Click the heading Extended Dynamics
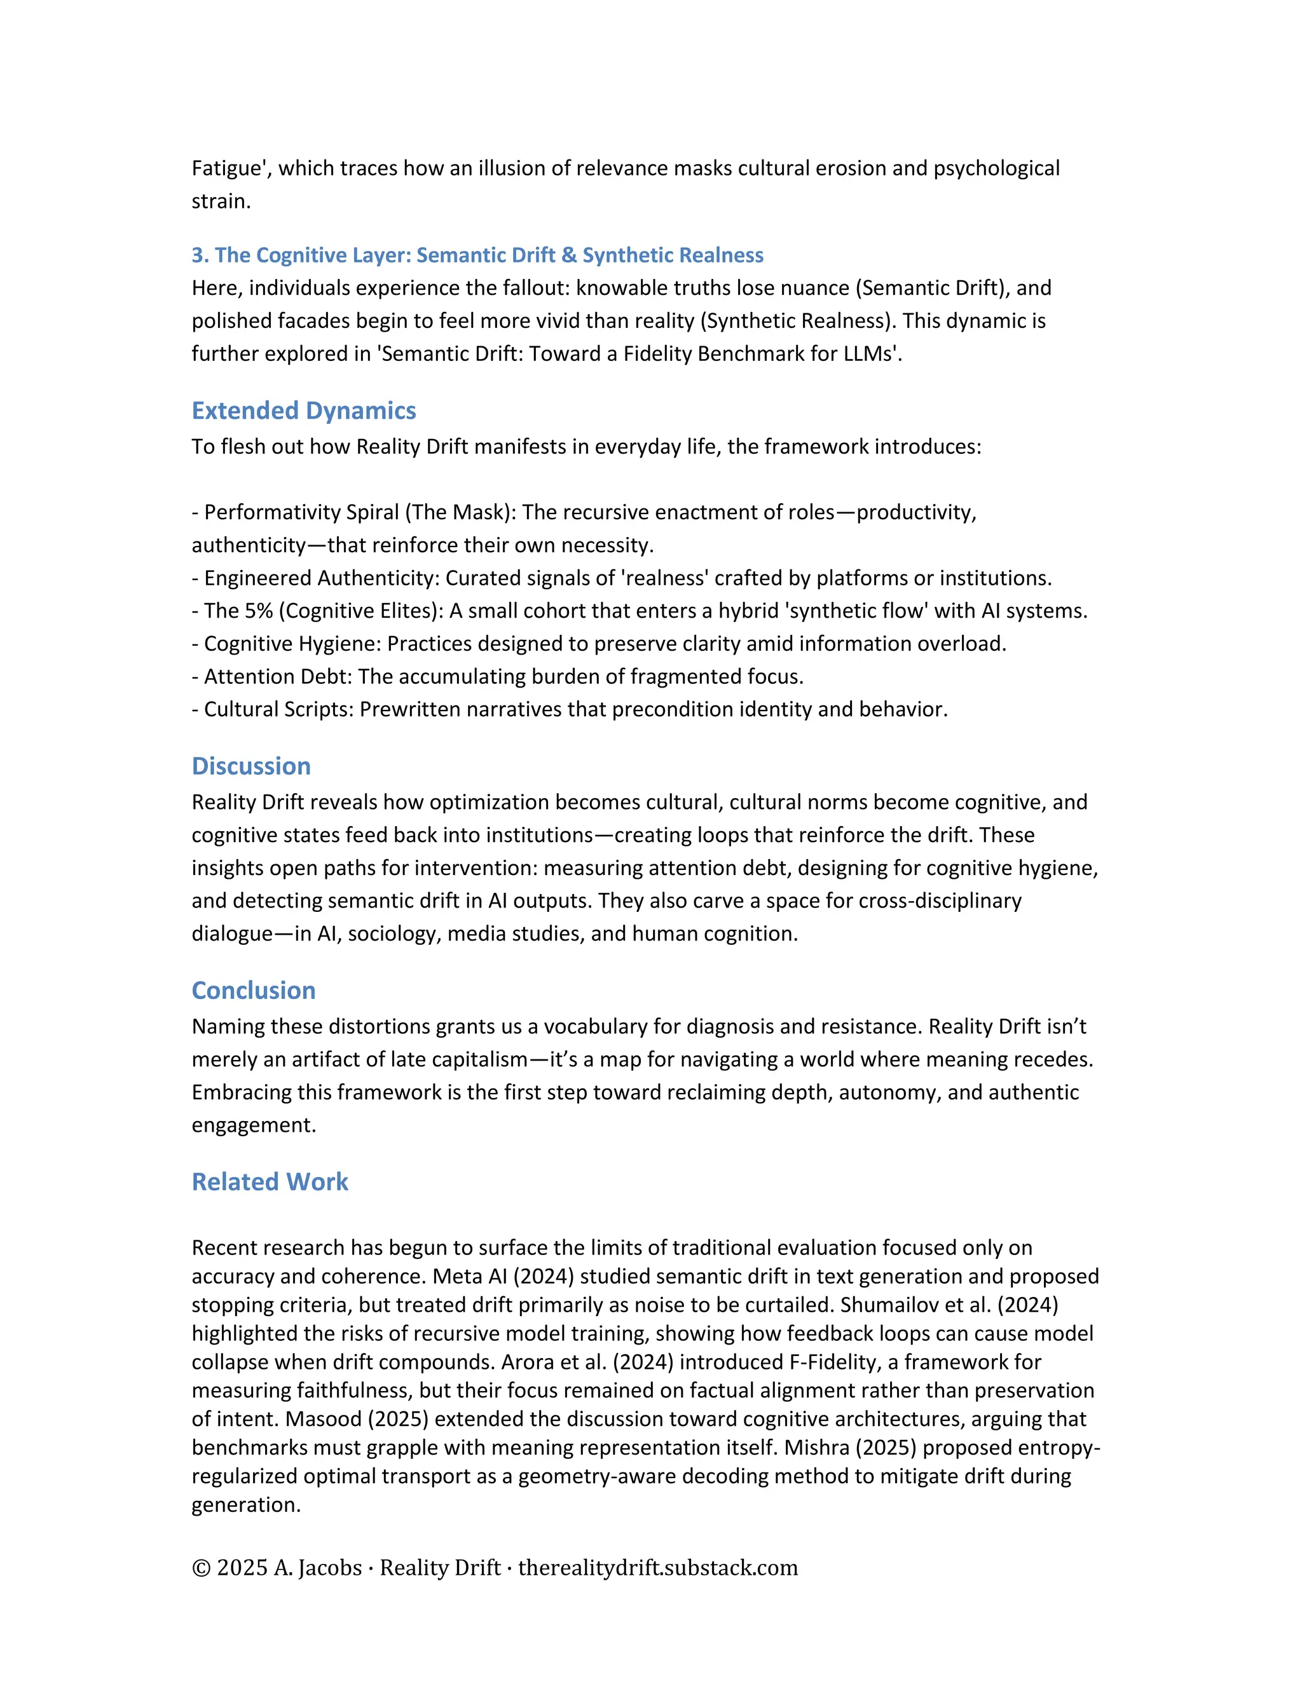[x=303, y=411]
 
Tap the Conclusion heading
[x=253, y=991]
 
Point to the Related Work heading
[x=270, y=1182]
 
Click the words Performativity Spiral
[x=301, y=513]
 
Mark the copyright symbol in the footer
[x=202, y=1568]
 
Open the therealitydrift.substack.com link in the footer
[x=658, y=1568]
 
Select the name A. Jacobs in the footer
[x=318, y=1568]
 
